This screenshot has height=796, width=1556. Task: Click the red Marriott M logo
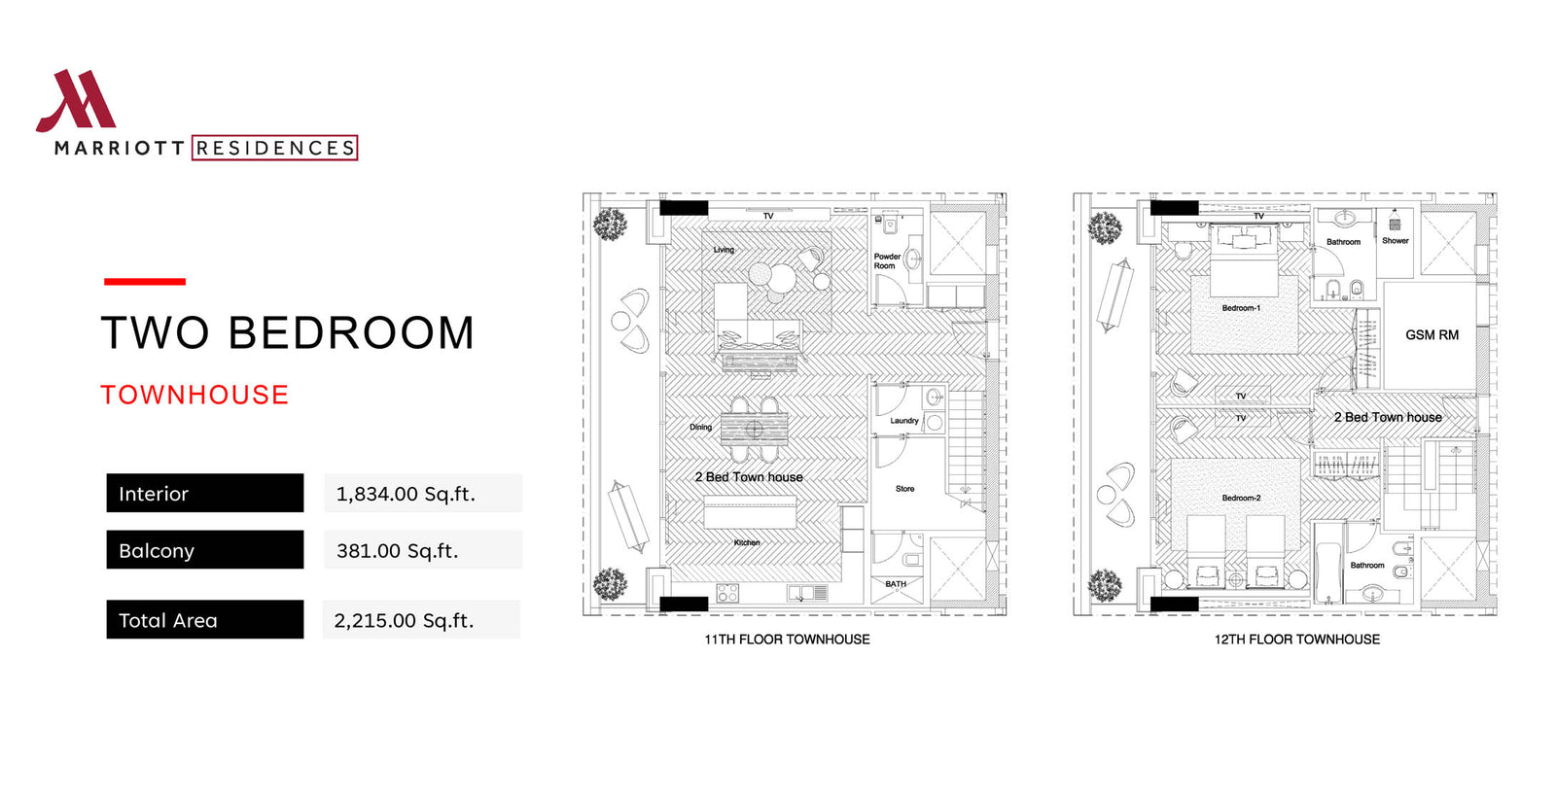tap(77, 101)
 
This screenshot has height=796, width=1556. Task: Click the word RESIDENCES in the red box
tap(275, 148)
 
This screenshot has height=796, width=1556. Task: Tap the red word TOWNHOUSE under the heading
tap(194, 395)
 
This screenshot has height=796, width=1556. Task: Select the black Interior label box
tap(205, 493)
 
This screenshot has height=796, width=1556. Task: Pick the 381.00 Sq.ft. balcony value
tap(398, 550)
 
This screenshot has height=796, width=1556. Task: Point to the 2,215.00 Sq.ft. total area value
tap(404, 620)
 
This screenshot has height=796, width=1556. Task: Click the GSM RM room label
tap(1432, 334)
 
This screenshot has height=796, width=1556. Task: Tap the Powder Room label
tap(886, 260)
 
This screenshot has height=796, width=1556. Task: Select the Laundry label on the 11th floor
tap(903, 421)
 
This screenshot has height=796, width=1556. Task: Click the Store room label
tap(904, 489)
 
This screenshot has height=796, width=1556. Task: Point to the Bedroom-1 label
tap(1241, 308)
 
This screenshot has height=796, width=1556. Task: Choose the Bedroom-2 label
tap(1241, 498)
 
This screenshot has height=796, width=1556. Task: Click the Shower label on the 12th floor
tap(1395, 241)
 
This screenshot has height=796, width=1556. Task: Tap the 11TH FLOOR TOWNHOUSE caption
tap(787, 640)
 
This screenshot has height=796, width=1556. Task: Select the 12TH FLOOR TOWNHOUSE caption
tap(1297, 640)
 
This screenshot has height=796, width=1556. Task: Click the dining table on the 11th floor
tap(755, 429)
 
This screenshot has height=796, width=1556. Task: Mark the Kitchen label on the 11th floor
tap(747, 542)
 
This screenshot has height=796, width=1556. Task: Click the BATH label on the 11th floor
tap(896, 584)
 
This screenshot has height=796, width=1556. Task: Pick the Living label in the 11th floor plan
tap(724, 250)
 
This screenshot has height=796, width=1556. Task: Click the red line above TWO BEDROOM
tap(145, 282)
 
